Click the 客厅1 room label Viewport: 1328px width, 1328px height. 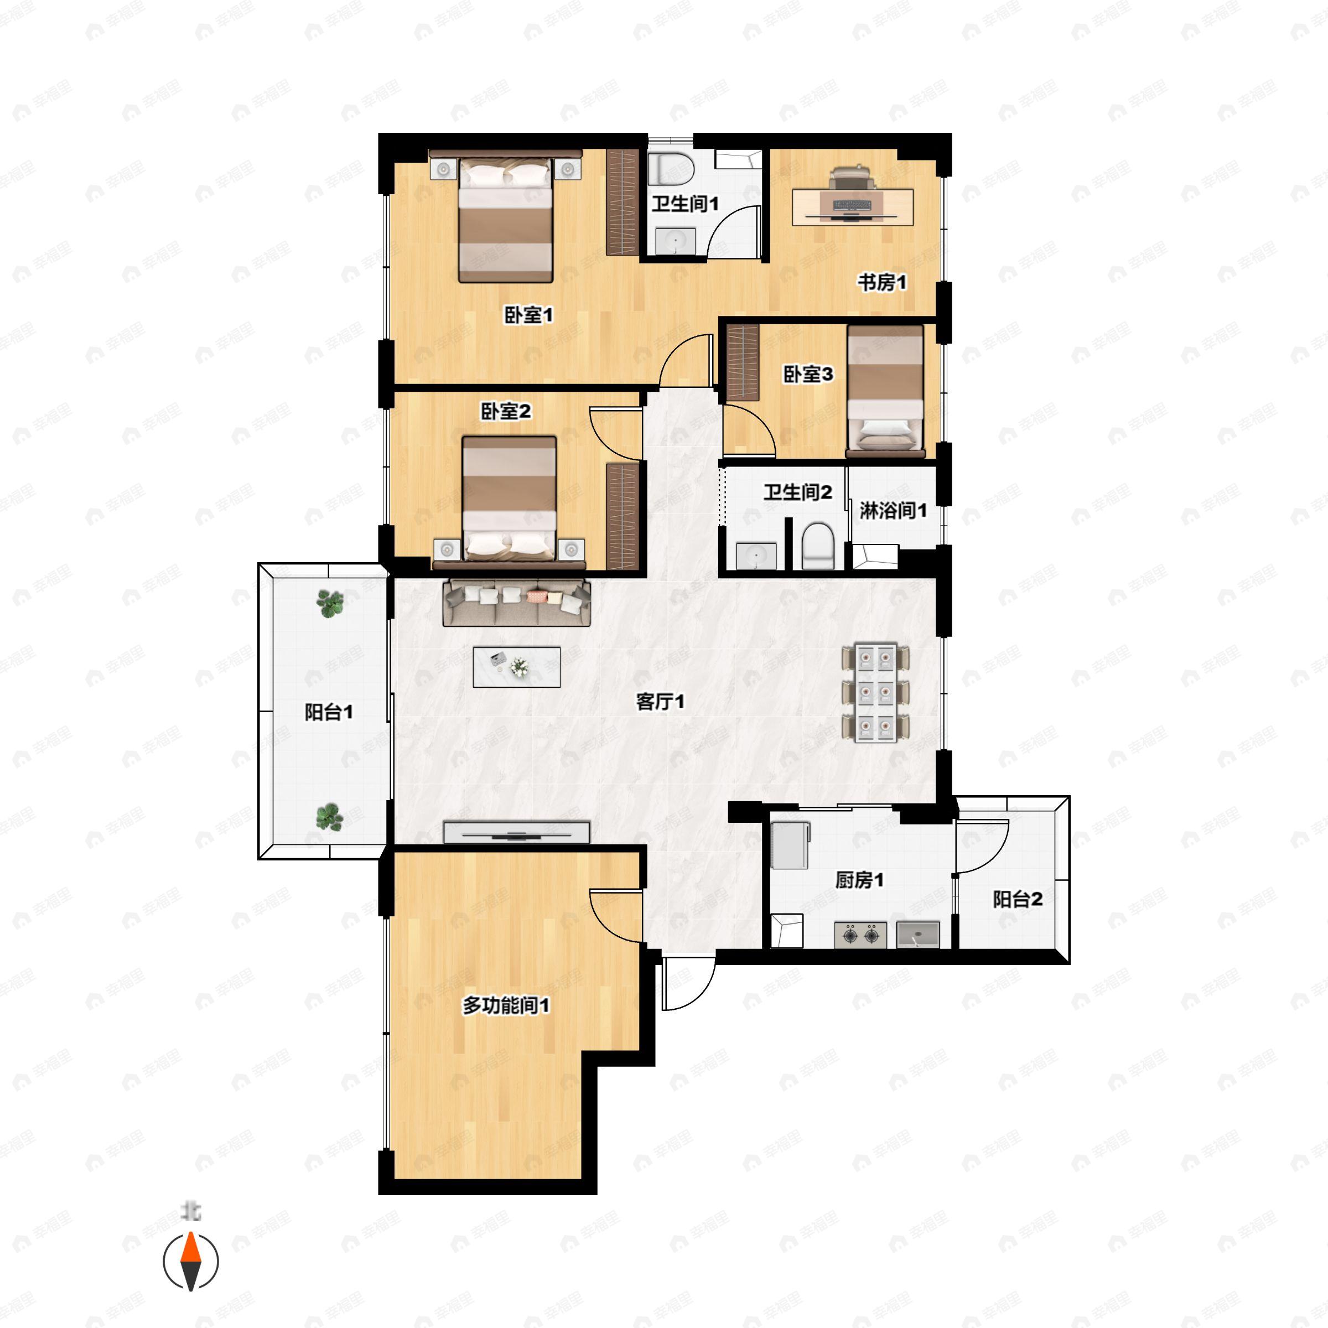pyautogui.click(x=660, y=702)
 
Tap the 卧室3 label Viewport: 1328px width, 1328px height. pyautogui.click(x=808, y=375)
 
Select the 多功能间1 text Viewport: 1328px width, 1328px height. pyautogui.click(x=506, y=1005)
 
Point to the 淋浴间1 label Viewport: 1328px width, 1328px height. pyautogui.click(x=893, y=511)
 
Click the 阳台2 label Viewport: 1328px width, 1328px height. pyautogui.click(x=1018, y=899)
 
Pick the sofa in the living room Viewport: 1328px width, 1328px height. pyautogui.click(x=517, y=603)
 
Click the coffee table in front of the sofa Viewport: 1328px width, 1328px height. pyautogui.click(x=517, y=667)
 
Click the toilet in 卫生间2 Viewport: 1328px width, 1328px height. pyautogui.click(x=818, y=547)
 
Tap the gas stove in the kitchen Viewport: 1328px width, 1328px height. pyautogui.click(x=860, y=936)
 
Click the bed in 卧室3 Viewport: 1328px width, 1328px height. pyautogui.click(x=885, y=391)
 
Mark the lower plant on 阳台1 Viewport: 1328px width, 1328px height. pyautogui.click(x=330, y=817)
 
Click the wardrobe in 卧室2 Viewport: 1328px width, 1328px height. pyautogui.click(x=622, y=516)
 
